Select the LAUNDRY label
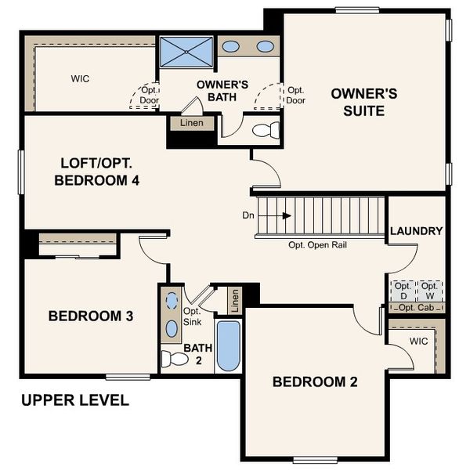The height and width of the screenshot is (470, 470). tap(416, 231)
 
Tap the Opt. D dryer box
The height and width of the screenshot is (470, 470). tap(403, 291)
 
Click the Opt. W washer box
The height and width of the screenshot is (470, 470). tap(429, 291)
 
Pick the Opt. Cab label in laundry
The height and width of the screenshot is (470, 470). tap(417, 307)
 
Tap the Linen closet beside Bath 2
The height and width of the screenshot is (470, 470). tap(233, 298)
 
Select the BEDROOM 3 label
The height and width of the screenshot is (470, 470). tap(90, 316)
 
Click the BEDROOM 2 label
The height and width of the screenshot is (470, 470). tap(315, 382)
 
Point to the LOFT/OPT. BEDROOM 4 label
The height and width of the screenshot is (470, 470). tap(101, 172)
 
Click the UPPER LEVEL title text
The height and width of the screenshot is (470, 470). tap(75, 400)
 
